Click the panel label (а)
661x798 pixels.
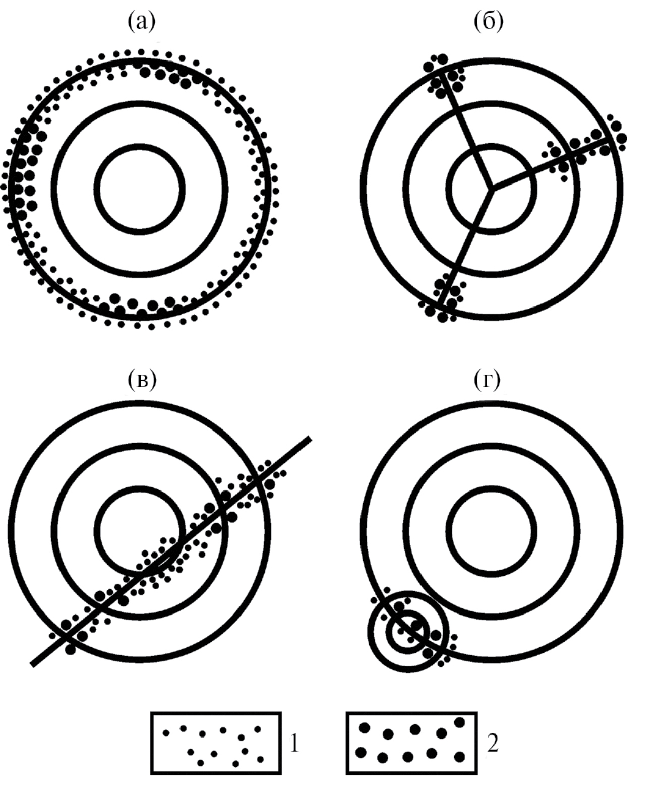[x=142, y=22]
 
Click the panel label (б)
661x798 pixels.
[x=489, y=22]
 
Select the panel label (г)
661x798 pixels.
[x=487, y=380]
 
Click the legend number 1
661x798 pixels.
[x=294, y=744]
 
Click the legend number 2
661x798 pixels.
[x=492, y=744]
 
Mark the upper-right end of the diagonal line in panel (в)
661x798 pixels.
[x=310, y=438]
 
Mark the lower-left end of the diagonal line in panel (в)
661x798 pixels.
[x=32, y=665]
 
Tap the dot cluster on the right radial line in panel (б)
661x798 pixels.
[x=585, y=148]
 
